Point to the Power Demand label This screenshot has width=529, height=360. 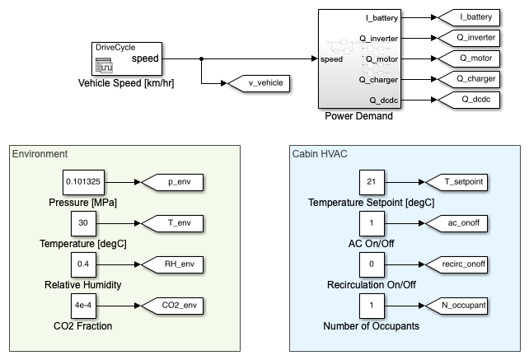[x=358, y=116]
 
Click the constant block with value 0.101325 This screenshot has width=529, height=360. [x=86, y=181]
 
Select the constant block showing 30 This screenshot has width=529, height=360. [x=82, y=222]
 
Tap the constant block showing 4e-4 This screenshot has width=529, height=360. [x=82, y=305]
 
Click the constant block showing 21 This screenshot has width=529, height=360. [x=372, y=181]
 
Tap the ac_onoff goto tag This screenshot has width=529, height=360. [x=453, y=222]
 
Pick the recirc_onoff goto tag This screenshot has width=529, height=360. [x=454, y=264]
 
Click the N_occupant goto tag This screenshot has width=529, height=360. [x=454, y=305]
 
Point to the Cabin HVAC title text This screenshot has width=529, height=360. [x=320, y=153]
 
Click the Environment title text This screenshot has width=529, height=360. [x=40, y=153]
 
